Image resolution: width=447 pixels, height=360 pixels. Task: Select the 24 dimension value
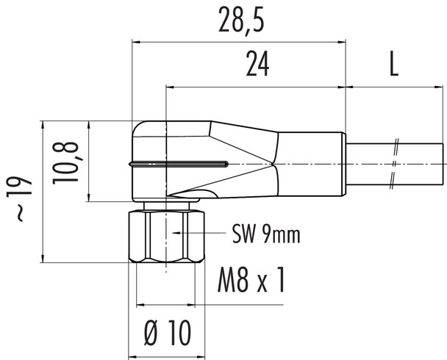(x=256, y=66)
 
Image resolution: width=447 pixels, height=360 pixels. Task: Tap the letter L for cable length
(x=394, y=66)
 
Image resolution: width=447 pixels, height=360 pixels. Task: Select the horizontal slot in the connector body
(x=180, y=162)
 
